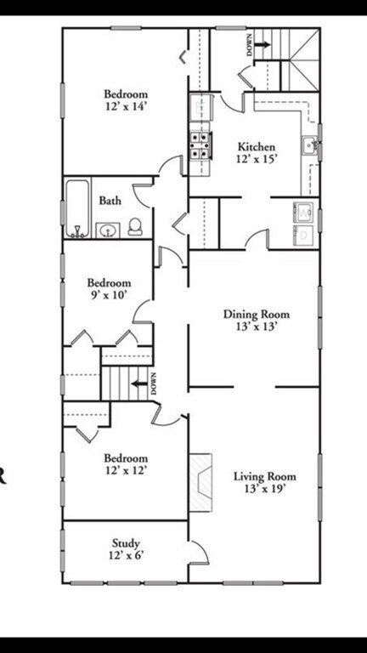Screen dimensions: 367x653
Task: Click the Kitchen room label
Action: tap(257, 147)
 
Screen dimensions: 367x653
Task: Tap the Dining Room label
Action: tap(257, 314)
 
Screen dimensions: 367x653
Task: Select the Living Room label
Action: tap(265, 476)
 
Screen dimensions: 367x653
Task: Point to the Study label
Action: tap(126, 543)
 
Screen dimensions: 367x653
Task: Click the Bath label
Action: tap(110, 201)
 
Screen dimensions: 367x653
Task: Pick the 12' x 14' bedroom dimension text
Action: tap(126, 106)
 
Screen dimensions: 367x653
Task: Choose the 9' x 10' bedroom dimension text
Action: tap(109, 295)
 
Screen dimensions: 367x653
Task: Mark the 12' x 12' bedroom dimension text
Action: tap(126, 470)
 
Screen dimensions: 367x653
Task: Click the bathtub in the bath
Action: tap(77, 208)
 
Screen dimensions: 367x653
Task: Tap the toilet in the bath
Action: tap(135, 227)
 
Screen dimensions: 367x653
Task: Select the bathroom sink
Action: tap(108, 230)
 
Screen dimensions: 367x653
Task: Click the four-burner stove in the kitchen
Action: tap(200, 145)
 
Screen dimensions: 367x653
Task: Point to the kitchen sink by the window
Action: tap(310, 145)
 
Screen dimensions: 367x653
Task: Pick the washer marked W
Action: tap(304, 213)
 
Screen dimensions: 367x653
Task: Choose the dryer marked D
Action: tap(304, 236)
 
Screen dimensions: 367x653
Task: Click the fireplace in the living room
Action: tap(200, 483)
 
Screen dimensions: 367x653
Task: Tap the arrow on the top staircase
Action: tap(263, 44)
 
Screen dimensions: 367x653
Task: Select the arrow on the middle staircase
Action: tap(139, 383)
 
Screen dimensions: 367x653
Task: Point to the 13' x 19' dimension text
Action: tap(265, 488)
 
